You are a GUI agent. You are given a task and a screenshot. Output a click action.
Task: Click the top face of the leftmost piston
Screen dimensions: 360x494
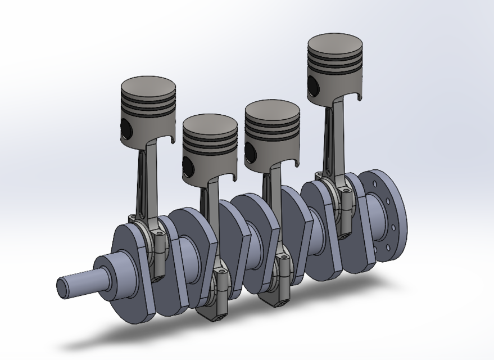148,87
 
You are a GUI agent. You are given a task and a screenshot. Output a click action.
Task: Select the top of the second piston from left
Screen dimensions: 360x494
210,124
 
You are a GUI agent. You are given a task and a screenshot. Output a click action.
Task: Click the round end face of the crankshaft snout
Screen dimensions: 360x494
61,287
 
